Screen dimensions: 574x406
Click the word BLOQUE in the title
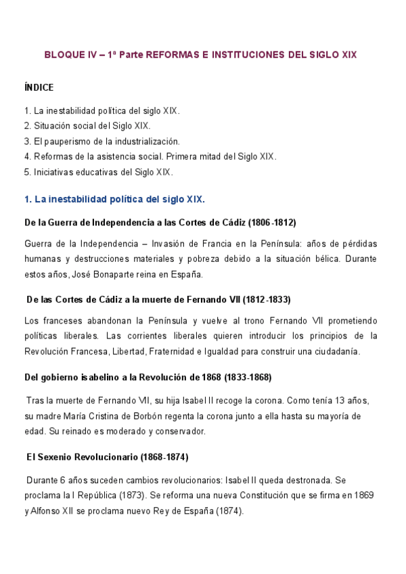point(62,54)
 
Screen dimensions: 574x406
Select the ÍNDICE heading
point(39,87)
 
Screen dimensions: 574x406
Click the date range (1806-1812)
point(272,222)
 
